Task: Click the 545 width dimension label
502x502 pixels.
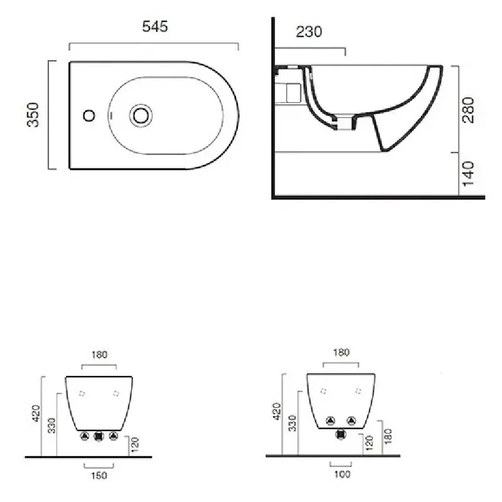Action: (x=155, y=26)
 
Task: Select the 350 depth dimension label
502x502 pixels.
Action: (x=33, y=115)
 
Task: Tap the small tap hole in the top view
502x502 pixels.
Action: (x=89, y=115)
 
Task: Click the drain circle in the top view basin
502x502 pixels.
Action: (x=141, y=115)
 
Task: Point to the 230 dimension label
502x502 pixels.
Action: (x=309, y=32)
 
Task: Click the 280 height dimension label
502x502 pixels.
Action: (x=468, y=110)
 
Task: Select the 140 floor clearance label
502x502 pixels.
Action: (x=468, y=174)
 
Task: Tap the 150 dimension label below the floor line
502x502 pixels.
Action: (x=99, y=476)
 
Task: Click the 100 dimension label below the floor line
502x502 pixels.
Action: (x=342, y=474)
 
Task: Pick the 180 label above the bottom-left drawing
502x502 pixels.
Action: (x=100, y=355)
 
